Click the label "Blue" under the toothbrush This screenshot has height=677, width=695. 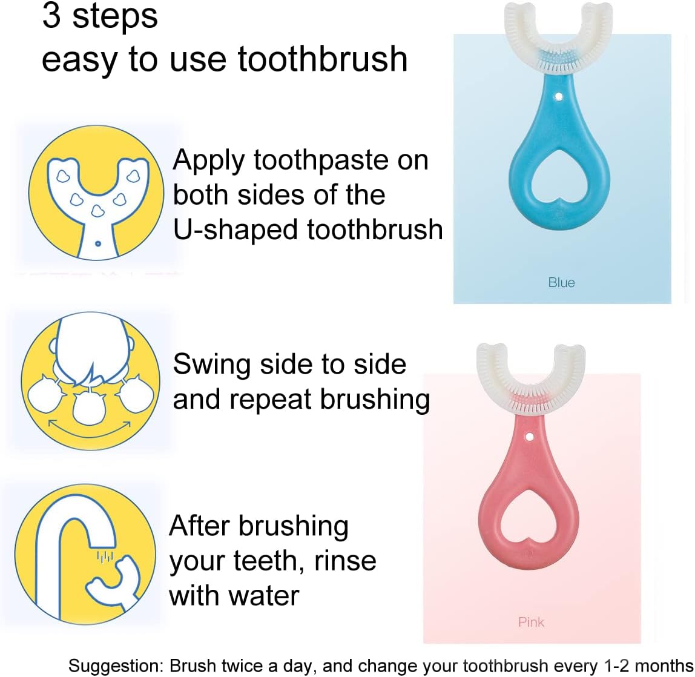pyautogui.click(x=561, y=282)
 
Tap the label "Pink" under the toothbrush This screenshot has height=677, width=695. pyautogui.click(x=531, y=622)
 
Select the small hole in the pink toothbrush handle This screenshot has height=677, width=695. pyautogui.click(x=529, y=435)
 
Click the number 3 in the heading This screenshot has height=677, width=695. pyautogui.click(x=51, y=16)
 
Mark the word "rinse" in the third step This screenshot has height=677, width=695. pyautogui.click(x=345, y=561)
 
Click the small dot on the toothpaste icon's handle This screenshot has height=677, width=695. pyautogui.click(x=98, y=243)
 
